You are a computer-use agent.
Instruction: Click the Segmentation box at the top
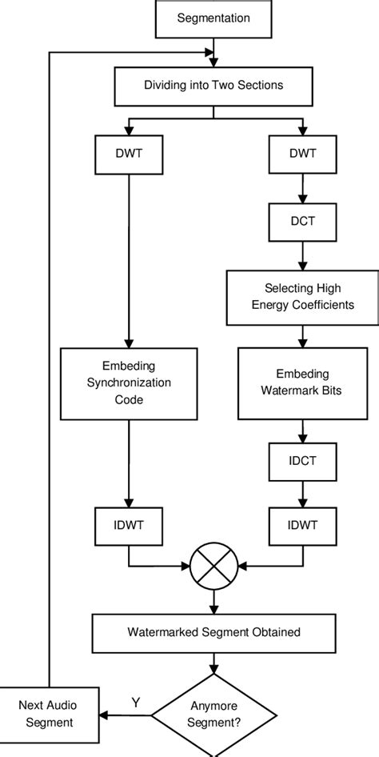click(x=213, y=17)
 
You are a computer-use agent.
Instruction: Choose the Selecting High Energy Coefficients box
click(x=301, y=296)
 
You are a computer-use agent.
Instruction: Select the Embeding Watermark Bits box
click(x=301, y=383)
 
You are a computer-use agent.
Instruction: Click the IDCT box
click(x=301, y=463)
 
